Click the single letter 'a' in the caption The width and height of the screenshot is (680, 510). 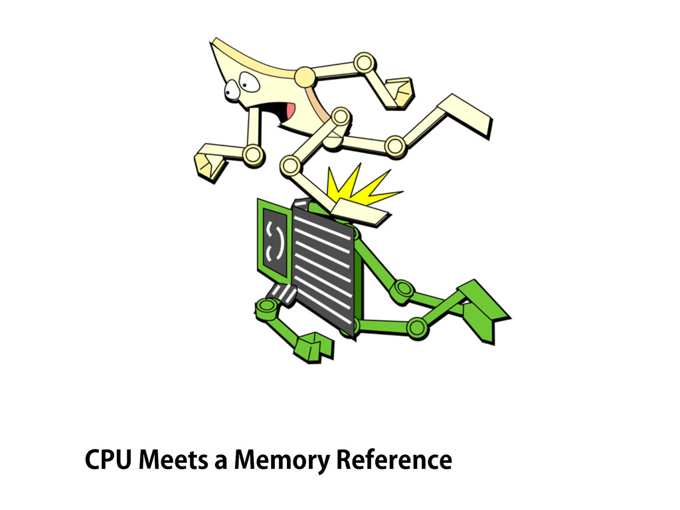coord(220,461)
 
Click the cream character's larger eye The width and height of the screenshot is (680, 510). coord(249,82)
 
